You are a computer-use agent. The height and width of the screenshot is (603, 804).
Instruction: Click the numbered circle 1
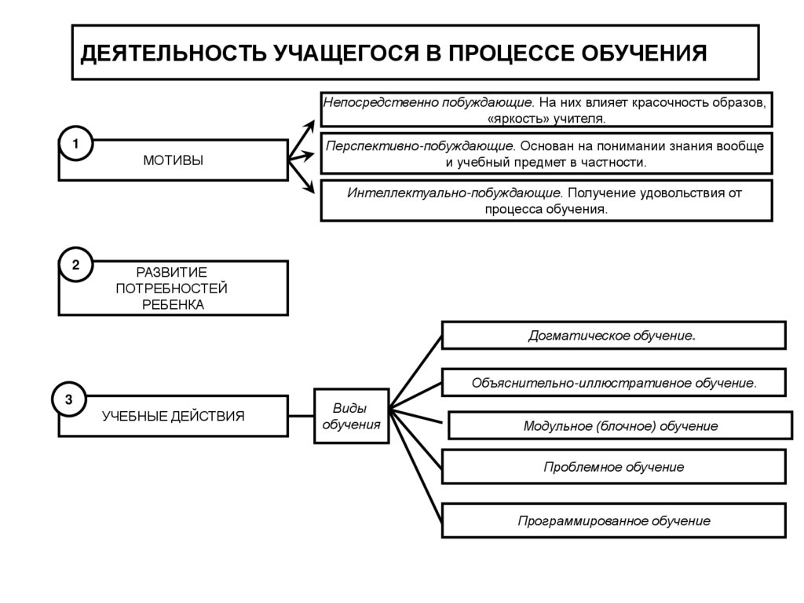pyautogui.click(x=75, y=145)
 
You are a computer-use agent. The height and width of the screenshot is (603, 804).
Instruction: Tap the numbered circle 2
pyautogui.click(x=75, y=265)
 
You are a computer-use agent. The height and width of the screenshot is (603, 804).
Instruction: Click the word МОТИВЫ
pyautogui.click(x=173, y=160)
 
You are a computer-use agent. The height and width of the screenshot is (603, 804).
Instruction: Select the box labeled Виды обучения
pyautogui.click(x=351, y=416)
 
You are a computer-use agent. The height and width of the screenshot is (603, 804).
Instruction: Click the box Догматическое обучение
pyautogui.click(x=613, y=336)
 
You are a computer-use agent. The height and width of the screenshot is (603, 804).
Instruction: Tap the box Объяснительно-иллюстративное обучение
pyautogui.click(x=613, y=383)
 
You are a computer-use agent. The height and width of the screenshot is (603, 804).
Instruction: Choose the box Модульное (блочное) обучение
pyautogui.click(x=620, y=426)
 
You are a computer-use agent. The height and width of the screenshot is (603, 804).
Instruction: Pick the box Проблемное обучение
pyautogui.click(x=613, y=467)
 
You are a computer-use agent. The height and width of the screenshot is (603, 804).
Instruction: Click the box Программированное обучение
pyautogui.click(x=613, y=520)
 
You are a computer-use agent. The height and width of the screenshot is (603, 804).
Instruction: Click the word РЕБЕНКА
pyautogui.click(x=173, y=305)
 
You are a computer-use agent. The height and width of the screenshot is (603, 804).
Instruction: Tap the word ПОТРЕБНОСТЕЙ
pyautogui.click(x=172, y=289)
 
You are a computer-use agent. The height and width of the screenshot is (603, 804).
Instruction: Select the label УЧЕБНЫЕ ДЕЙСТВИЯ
pyautogui.click(x=173, y=416)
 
